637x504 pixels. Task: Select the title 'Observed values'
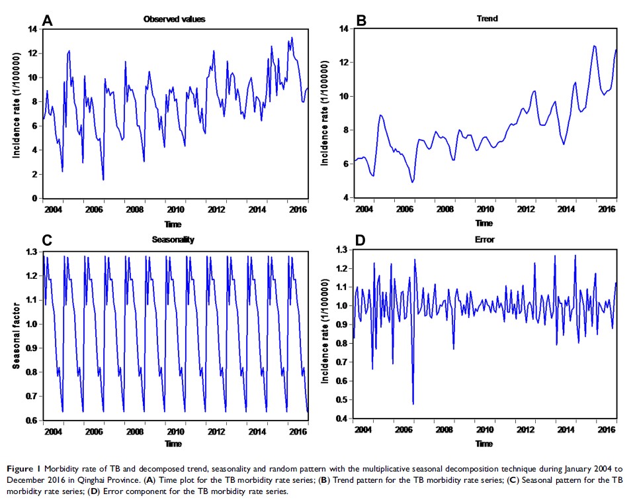tap(174, 19)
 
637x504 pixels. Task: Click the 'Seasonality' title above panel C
tap(174, 240)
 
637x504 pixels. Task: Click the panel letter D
tap(361, 240)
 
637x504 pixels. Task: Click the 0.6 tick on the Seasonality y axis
tap(29, 420)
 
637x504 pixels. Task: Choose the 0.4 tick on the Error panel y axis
tap(342, 419)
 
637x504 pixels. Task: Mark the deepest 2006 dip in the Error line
tap(413, 403)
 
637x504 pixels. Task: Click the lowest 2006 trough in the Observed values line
tap(103, 179)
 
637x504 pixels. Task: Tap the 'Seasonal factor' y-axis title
tap(15, 336)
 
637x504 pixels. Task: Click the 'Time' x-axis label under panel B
tap(484, 223)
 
